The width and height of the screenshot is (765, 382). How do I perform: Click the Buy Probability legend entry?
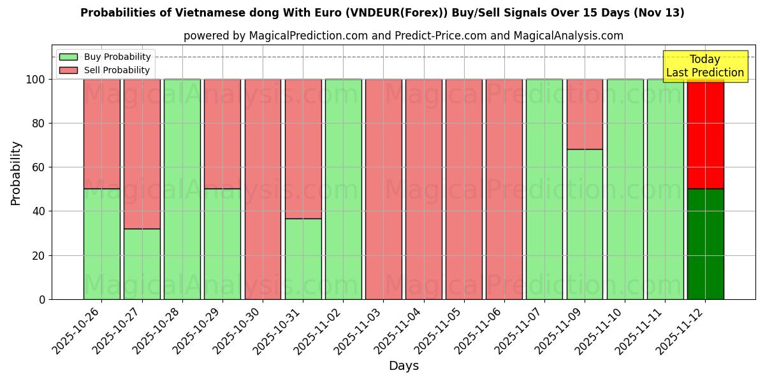click(x=105, y=57)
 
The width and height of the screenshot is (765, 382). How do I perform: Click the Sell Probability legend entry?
click(x=105, y=71)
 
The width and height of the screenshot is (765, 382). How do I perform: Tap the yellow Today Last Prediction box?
click(x=705, y=66)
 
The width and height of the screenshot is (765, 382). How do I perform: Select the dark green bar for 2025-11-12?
click(x=705, y=244)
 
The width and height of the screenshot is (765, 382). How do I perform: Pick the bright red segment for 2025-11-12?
click(x=705, y=134)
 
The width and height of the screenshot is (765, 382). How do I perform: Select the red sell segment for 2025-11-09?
click(x=585, y=114)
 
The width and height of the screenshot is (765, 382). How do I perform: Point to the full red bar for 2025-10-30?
click(x=263, y=189)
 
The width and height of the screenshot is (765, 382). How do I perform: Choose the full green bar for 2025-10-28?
click(x=182, y=189)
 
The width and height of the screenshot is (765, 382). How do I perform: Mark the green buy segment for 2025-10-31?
click(x=303, y=258)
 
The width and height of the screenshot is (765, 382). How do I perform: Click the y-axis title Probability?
click(x=16, y=173)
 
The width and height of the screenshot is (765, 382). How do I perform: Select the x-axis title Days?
click(x=404, y=366)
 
